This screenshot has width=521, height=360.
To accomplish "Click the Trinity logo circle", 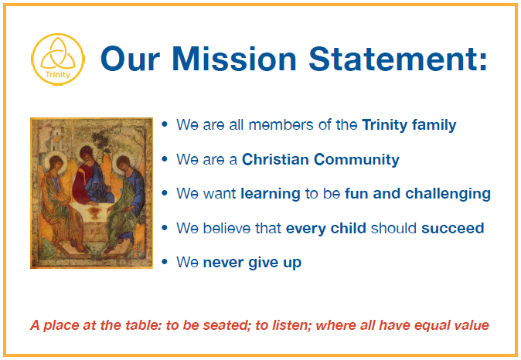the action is pyautogui.click(x=58, y=34).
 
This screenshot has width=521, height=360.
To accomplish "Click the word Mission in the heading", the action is pyautogui.click(x=234, y=59).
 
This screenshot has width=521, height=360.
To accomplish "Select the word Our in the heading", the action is pyautogui.click(x=130, y=59).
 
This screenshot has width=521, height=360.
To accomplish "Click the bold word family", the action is pyautogui.click(x=434, y=125).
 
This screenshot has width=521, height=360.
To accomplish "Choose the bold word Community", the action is pyautogui.click(x=356, y=160).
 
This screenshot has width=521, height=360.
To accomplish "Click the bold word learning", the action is pyautogui.click(x=271, y=194).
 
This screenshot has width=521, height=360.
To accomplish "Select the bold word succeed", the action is pyautogui.click(x=452, y=228).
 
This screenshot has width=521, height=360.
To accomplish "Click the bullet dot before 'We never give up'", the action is pyautogui.click(x=165, y=262).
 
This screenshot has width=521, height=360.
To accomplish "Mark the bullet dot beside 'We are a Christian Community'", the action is pyautogui.click(x=165, y=158).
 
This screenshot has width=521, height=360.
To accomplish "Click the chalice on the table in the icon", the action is pyautogui.click(x=95, y=212).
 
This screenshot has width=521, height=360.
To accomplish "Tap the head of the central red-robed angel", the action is pyautogui.click(x=87, y=154).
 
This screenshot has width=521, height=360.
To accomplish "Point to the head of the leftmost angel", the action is pyautogui.click(x=56, y=164).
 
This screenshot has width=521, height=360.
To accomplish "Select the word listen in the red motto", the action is pyautogui.click(x=291, y=324).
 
